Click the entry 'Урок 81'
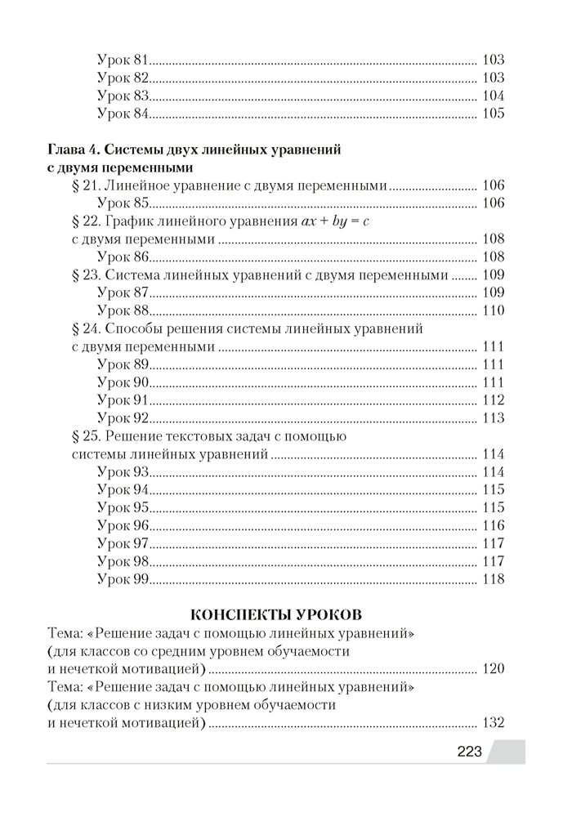(x=123, y=60)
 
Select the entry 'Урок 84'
(x=123, y=114)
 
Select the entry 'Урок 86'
(x=123, y=257)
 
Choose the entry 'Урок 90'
(x=123, y=382)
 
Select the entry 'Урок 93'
(x=123, y=472)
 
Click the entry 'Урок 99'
(x=123, y=580)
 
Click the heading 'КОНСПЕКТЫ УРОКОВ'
(x=275, y=614)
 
